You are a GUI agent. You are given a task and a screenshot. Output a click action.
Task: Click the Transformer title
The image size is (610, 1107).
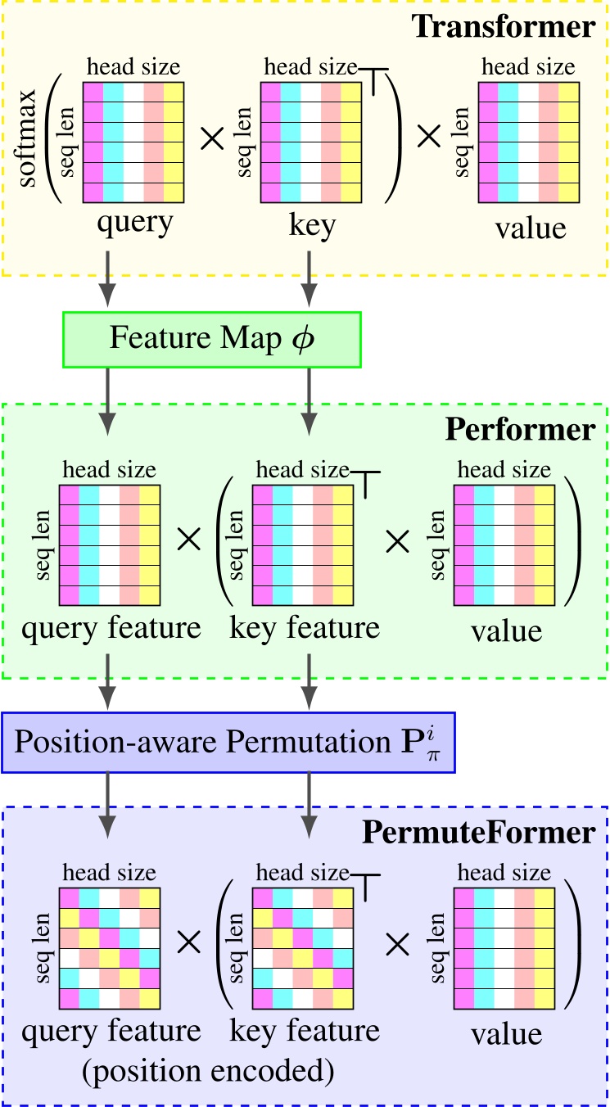pos(503,26)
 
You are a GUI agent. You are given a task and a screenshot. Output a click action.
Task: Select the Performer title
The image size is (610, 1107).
pos(519,429)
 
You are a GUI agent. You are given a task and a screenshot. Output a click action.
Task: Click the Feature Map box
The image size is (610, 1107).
pos(211,339)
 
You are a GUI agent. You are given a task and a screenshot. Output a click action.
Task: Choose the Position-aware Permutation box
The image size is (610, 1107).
pos(228,742)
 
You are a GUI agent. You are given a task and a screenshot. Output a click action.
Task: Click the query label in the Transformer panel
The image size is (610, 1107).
pos(134,223)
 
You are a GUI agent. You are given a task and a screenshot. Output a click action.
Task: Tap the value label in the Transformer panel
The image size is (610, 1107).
pos(530,228)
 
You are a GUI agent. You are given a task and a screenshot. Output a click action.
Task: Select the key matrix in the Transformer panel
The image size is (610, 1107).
pos(310,142)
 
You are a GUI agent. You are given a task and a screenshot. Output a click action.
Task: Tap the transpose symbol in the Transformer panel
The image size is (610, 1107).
pos(374,79)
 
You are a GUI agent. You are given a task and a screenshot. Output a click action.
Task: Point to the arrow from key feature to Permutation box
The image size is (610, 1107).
pos(309,683)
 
